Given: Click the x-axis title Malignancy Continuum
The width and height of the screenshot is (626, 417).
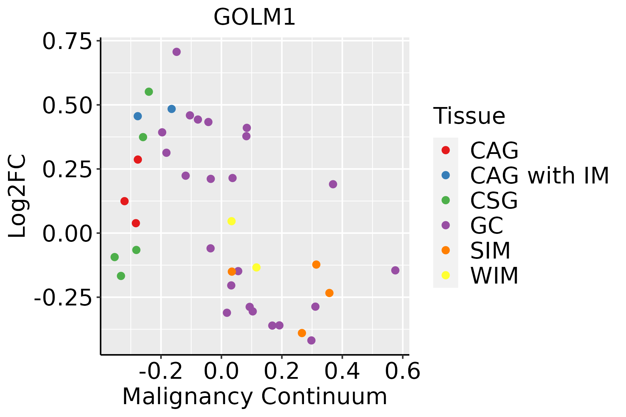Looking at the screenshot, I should (255, 397).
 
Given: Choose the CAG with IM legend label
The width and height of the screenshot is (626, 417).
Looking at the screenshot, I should (539, 175).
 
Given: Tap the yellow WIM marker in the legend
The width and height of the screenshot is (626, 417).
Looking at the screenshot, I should (446, 275).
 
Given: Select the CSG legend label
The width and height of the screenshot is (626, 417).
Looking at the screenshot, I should (494, 201).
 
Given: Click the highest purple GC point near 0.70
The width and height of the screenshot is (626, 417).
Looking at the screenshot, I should (177, 52).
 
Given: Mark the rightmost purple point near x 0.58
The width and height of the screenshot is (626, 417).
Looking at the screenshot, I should (395, 270).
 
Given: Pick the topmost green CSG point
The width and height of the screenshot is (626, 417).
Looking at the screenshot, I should (149, 92).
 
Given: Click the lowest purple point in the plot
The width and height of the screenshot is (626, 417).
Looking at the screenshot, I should (312, 340).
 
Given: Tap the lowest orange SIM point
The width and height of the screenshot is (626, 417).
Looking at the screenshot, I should (302, 333).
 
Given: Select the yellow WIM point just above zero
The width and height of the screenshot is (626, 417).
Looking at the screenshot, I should (231, 221).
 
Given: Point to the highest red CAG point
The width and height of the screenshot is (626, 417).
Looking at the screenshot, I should (138, 160).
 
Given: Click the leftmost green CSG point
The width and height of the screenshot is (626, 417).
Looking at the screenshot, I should (114, 257).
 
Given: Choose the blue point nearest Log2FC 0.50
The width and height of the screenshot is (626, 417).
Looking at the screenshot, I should (171, 109).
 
